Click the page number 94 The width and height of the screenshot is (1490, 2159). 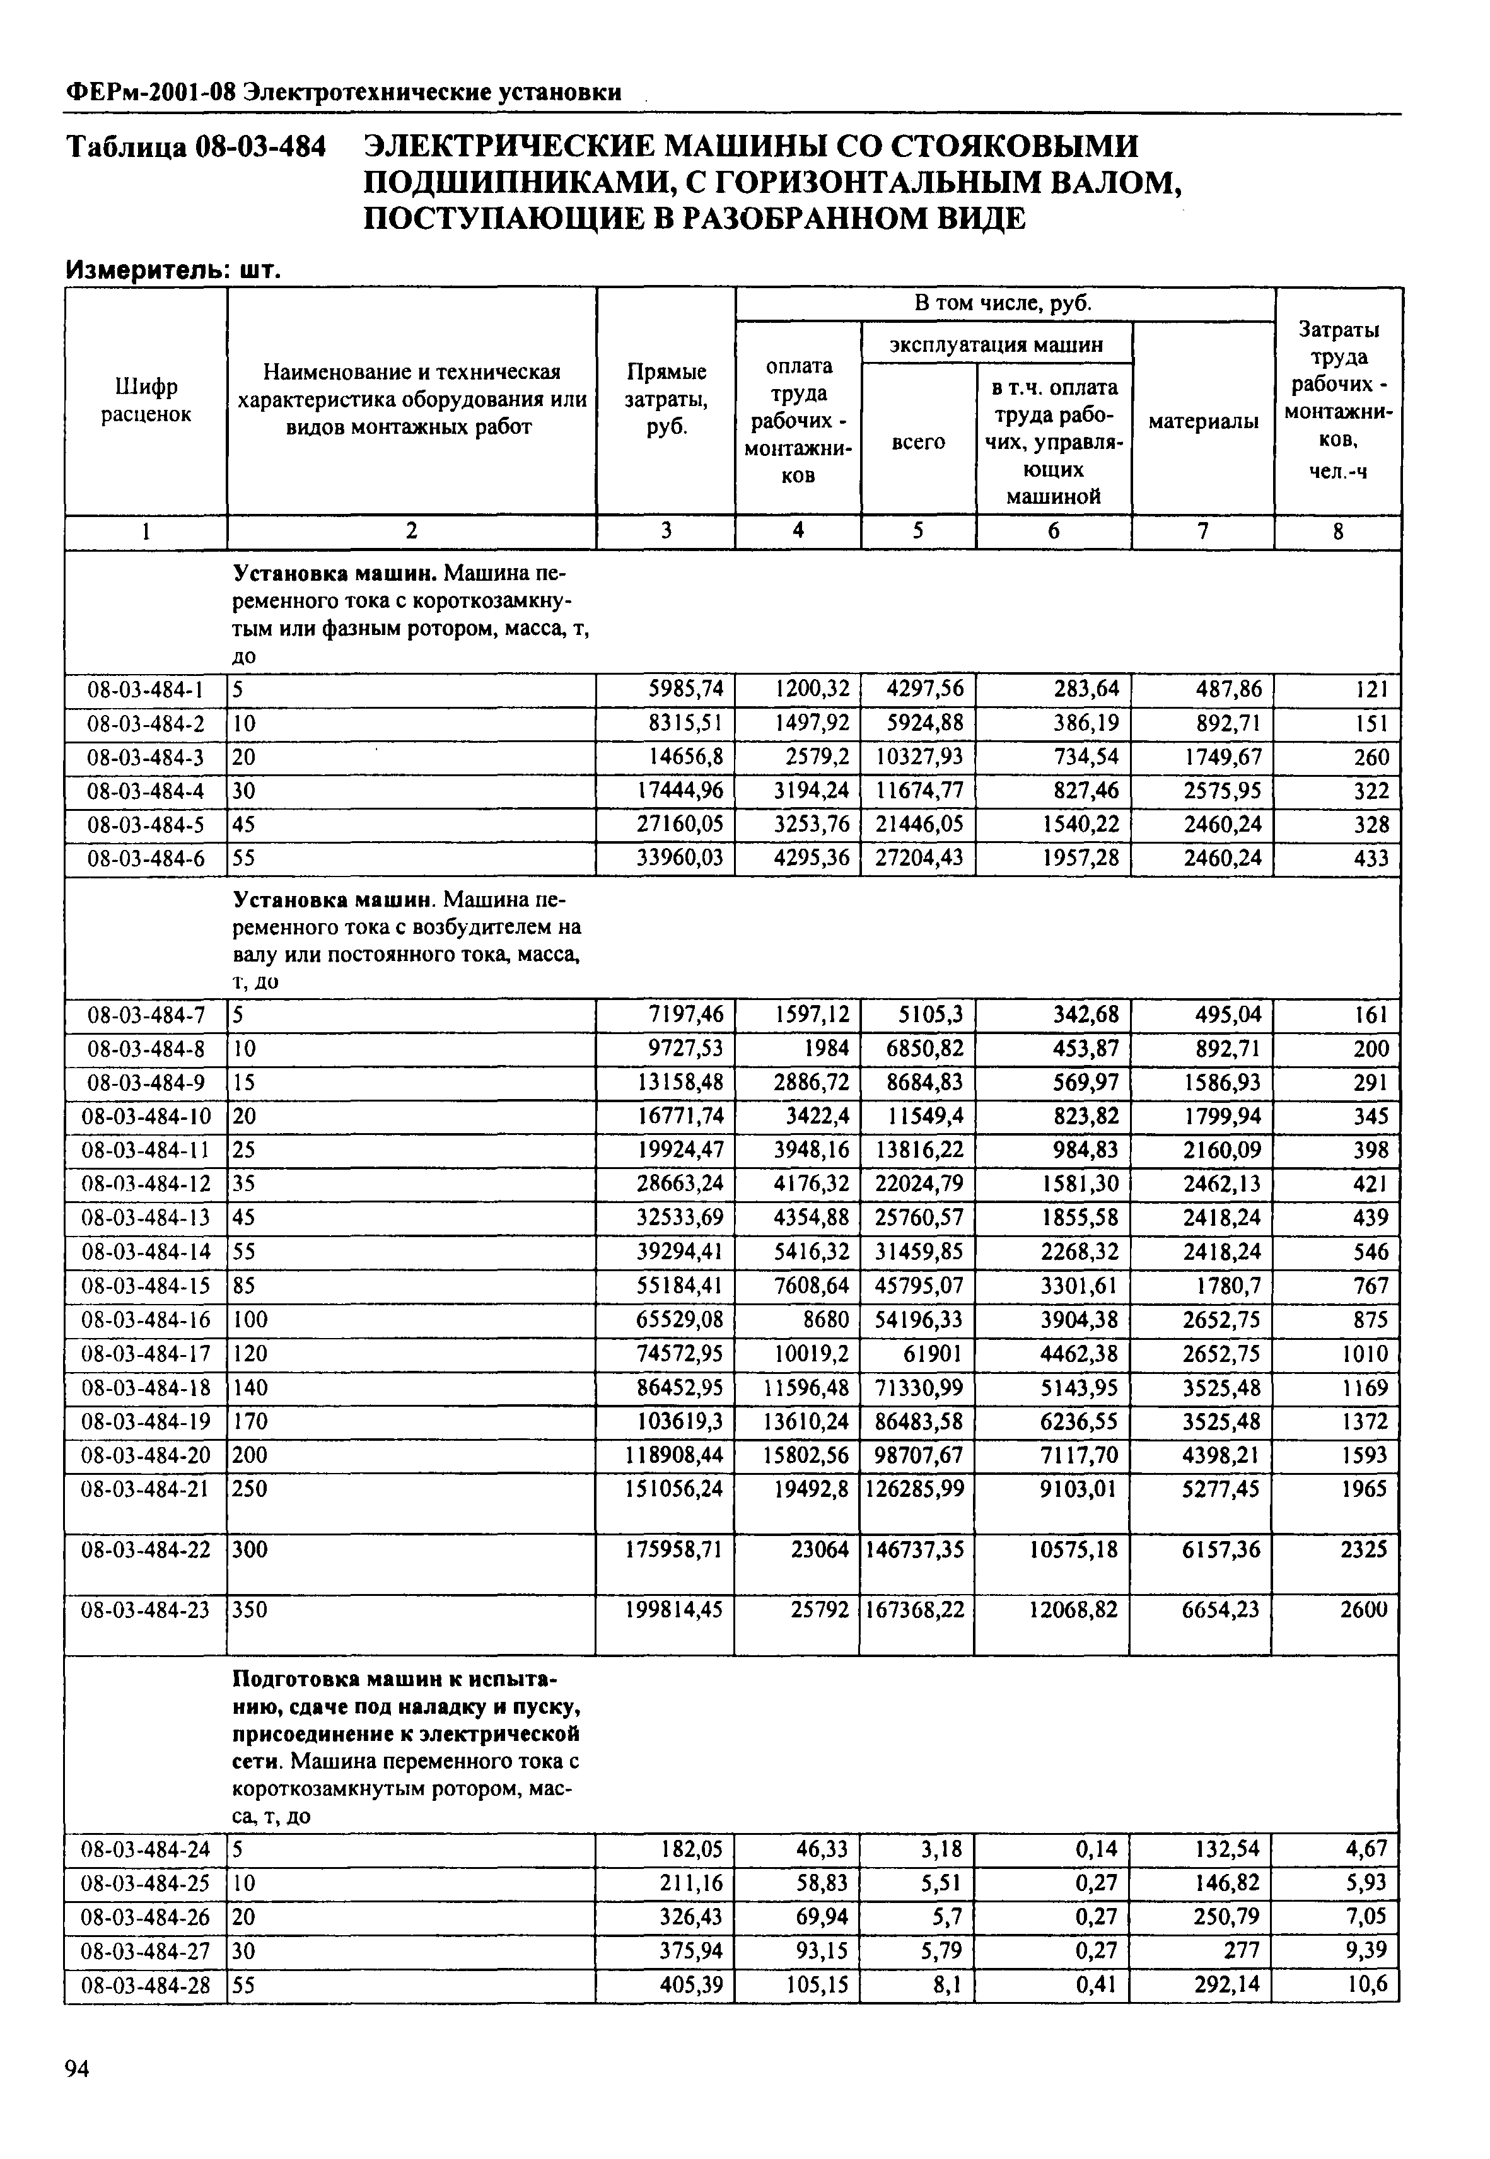[76, 2069]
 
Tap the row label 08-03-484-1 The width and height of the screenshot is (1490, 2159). [146, 690]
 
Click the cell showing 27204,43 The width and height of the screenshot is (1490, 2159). [919, 858]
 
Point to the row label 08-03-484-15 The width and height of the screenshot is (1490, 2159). [146, 1286]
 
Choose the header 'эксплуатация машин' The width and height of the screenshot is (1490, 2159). [996, 344]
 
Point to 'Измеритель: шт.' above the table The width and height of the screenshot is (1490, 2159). [173, 271]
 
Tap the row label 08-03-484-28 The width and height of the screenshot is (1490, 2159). [146, 1986]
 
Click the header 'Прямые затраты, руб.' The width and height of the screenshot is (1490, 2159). [666, 400]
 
